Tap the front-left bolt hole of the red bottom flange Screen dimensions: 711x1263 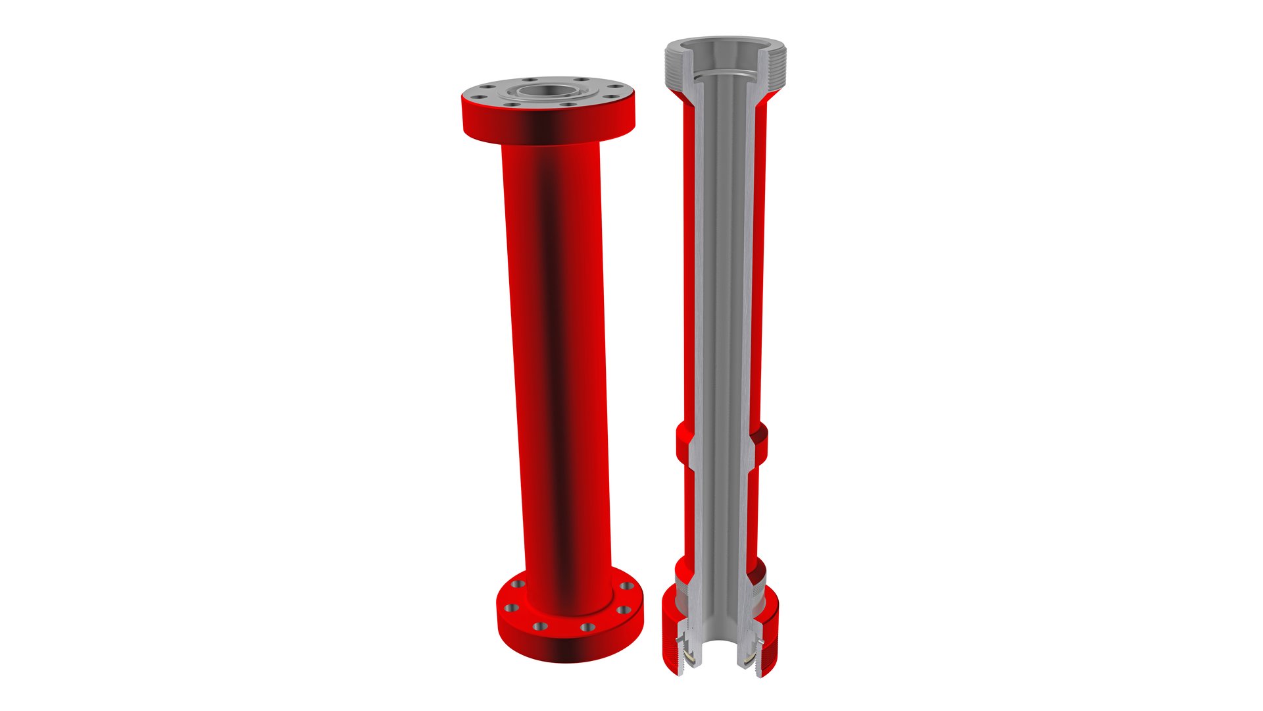click(x=539, y=625)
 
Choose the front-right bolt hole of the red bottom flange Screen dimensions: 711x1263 click(x=587, y=627)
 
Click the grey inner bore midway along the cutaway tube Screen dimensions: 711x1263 click(x=722, y=296)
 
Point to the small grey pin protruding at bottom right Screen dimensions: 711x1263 click(x=762, y=641)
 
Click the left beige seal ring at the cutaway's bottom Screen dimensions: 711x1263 click(x=689, y=656)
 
